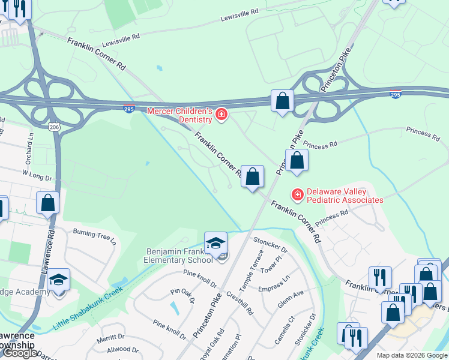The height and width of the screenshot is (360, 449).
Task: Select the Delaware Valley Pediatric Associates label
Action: (x=345, y=196)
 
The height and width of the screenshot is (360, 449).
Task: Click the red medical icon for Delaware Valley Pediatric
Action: (x=297, y=194)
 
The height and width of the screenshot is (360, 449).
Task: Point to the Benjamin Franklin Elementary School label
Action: (x=178, y=256)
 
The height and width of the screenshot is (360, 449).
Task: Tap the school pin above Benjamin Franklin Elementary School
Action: (x=215, y=244)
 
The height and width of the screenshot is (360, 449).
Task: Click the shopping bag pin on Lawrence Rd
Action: (x=48, y=203)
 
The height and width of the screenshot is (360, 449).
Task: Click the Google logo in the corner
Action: (x=20, y=353)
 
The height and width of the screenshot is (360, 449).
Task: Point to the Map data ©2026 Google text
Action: (x=411, y=355)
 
